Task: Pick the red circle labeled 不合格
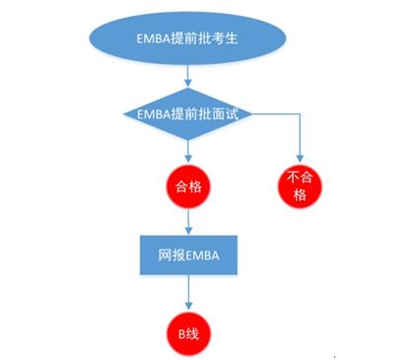(300, 186)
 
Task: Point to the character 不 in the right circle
(294, 180)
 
